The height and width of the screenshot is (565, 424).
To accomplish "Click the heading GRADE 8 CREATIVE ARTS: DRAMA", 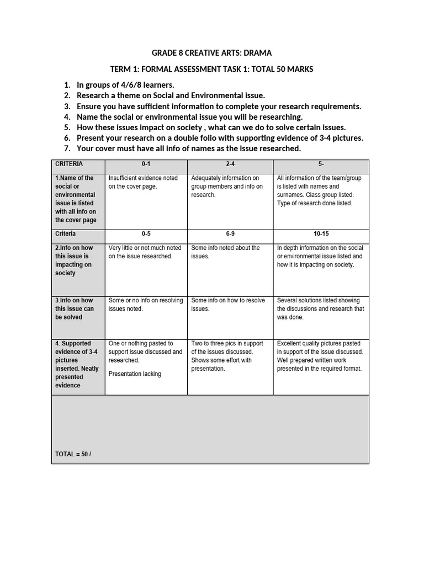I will pyautogui.click(x=212, y=53).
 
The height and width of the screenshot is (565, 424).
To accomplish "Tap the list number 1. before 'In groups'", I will pyautogui.click(x=67, y=85).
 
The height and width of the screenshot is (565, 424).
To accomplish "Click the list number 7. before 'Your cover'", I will pyautogui.click(x=67, y=148).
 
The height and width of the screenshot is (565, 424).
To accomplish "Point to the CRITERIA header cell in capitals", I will pyautogui.click(x=68, y=164).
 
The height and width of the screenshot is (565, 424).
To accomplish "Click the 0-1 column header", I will pyautogui.click(x=146, y=164).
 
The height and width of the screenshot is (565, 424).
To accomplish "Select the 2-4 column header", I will pyautogui.click(x=230, y=164).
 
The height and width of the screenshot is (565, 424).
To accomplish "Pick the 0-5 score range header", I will pyautogui.click(x=146, y=234).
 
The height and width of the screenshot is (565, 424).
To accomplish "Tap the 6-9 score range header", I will pyautogui.click(x=230, y=234).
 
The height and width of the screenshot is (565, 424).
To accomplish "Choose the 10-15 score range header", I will pyautogui.click(x=321, y=234).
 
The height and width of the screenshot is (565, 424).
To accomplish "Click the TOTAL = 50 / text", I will pyautogui.click(x=73, y=454).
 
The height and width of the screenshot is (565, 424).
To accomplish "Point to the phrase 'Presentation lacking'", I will pyautogui.click(x=135, y=374).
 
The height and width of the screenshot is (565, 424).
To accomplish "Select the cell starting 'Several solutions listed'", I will pyautogui.click(x=320, y=309).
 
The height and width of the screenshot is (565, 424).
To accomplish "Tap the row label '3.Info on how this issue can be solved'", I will pyautogui.click(x=75, y=309).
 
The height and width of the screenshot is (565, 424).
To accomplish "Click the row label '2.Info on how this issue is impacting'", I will pyautogui.click(x=75, y=260).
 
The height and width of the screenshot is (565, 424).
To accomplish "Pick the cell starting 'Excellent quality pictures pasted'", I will pyautogui.click(x=320, y=356).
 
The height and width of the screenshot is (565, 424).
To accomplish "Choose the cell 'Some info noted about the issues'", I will pyautogui.click(x=225, y=252).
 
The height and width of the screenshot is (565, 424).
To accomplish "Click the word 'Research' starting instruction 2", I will pyautogui.click(x=94, y=95).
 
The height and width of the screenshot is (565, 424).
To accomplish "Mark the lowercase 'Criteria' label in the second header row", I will pyautogui.click(x=66, y=234).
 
